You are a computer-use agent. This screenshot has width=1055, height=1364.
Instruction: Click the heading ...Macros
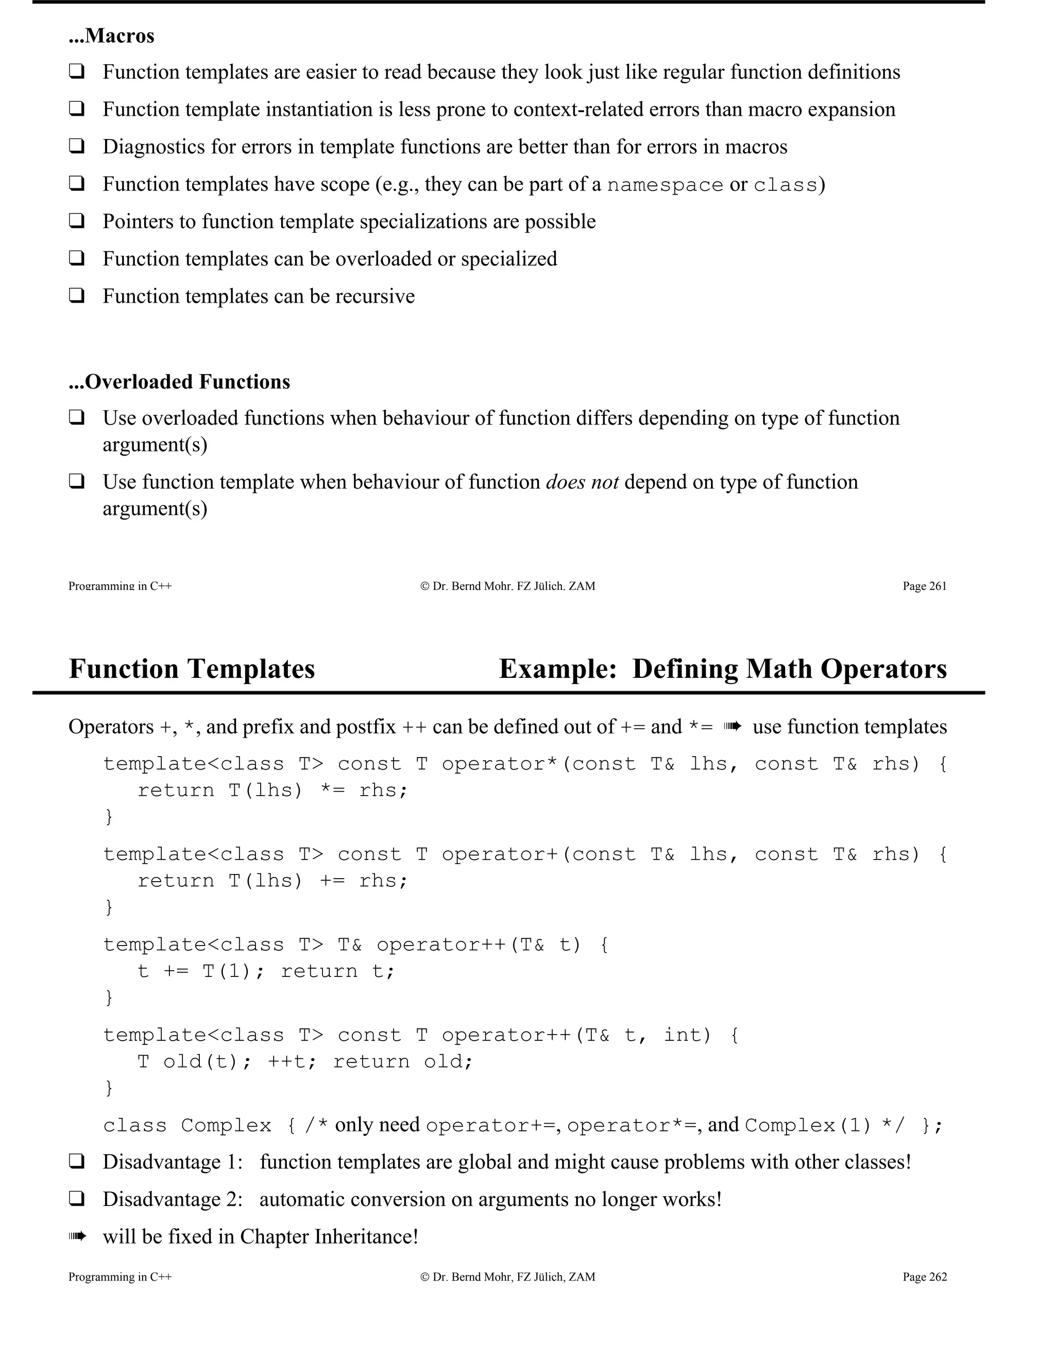(111, 36)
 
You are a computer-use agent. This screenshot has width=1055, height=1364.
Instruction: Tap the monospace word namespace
(665, 185)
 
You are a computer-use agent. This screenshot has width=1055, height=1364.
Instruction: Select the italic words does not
(582, 482)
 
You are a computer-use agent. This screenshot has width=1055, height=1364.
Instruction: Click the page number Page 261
(924, 586)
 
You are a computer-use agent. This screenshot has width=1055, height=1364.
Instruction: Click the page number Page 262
(924, 1277)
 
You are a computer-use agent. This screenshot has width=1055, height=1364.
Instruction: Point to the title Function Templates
(191, 669)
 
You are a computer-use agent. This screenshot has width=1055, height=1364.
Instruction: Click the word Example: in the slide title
(557, 669)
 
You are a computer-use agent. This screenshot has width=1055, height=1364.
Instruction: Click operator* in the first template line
(499, 764)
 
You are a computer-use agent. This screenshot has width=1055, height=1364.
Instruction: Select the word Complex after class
(226, 1125)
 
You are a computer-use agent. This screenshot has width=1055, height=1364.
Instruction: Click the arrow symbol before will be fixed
(76, 1236)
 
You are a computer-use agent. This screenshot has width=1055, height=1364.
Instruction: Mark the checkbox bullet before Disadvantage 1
(76, 1162)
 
